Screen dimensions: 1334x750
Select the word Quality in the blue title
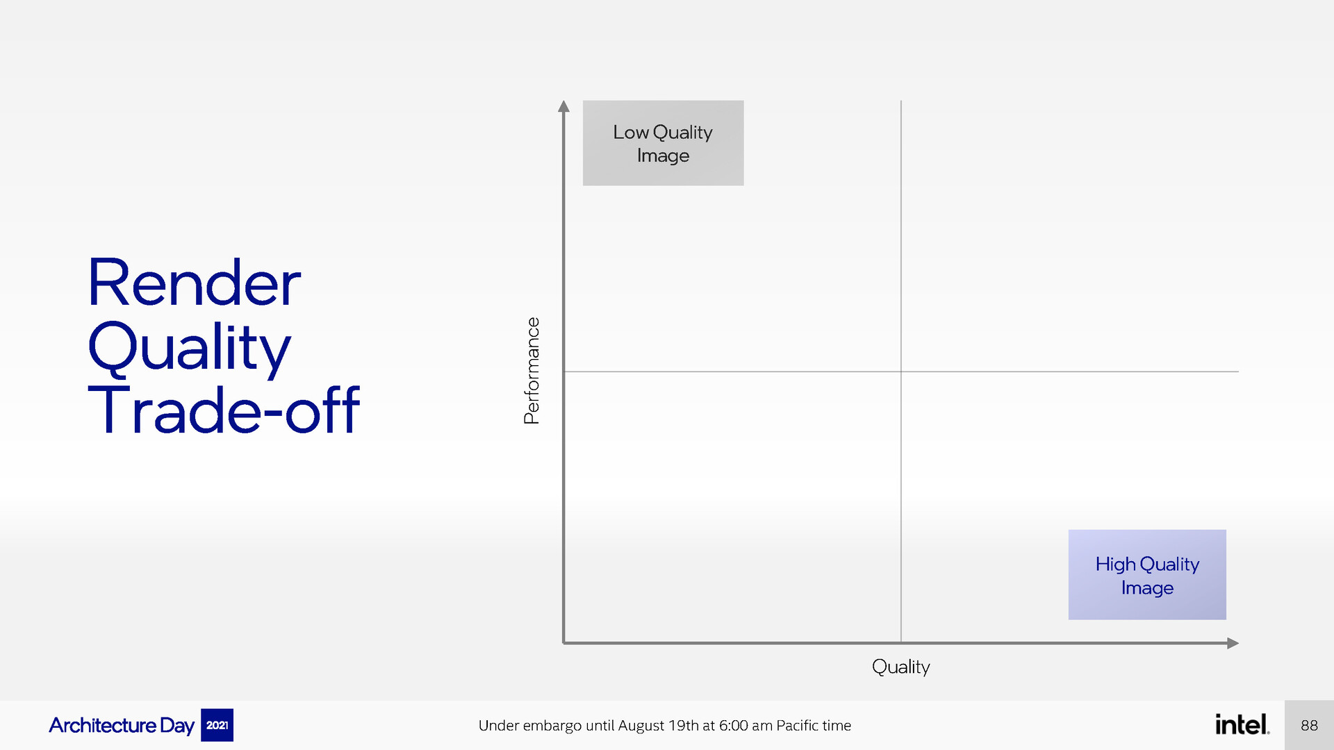[189, 349]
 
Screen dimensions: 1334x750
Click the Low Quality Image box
[663, 143]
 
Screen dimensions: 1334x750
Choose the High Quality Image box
[1147, 575]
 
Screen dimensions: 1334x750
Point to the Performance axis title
[532, 371]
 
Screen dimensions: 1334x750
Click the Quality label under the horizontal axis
[901, 667]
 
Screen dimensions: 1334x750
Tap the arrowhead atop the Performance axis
[563, 106]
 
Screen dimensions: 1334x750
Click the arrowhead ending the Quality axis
[1233, 643]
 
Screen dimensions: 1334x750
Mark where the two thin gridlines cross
[901, 372]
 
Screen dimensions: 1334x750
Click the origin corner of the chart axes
[563, 643]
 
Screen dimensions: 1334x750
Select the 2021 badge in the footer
[217, 725]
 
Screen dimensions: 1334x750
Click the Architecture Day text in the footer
[122, 726]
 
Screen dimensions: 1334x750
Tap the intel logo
[1242, 724]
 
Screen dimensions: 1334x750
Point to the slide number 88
[1310, 726]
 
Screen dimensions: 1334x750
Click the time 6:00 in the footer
[733, 726]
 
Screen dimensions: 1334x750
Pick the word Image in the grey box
[663, 156]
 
